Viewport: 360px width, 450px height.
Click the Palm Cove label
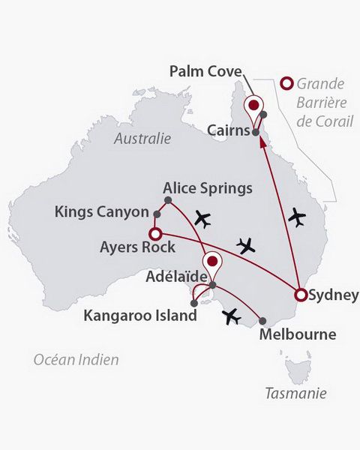205,72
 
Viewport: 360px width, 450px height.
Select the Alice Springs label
208,187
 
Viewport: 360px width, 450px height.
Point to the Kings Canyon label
102,212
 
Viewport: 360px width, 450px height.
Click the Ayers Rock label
137,247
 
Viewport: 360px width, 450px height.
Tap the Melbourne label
297,334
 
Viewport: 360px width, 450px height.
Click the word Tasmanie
296,393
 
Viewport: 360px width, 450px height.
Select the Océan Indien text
76,360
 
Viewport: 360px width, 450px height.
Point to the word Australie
142,139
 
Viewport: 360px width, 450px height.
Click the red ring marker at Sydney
300,295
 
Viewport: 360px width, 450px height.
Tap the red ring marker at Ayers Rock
156,233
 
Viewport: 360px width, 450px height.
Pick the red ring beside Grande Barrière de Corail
285,84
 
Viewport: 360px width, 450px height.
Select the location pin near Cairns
255,105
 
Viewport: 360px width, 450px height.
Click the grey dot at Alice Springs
168,200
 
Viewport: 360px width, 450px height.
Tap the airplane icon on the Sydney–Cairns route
298,218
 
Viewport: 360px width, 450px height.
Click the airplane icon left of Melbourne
232,318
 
